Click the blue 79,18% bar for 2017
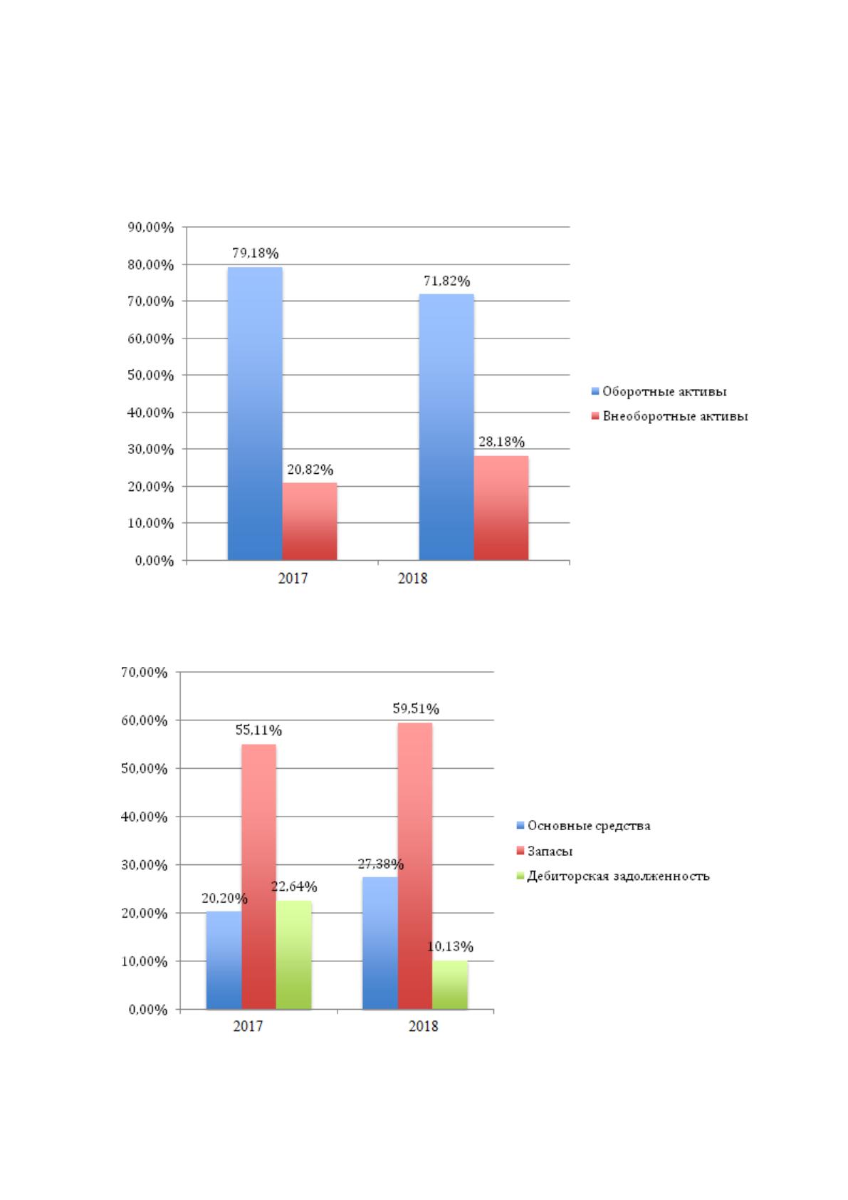pyautogui.click(x=255, y=413)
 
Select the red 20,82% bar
pyautogui.click(x=310, y=521)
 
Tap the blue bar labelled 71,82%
pyautogui.click(x=446, y=427)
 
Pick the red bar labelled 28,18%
pyautogui.click(x=501, y=508)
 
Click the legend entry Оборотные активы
pyautogui.click(x=659, y=392)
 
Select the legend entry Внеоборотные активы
pyautogui.click(x=670, y=416)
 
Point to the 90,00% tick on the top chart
pyautogui.click(x=150, y=228)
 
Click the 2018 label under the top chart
pyautogui.click(x=413, y=579)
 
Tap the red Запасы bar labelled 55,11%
pyautogui.click(x=258, y=877)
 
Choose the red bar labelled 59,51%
pyautogui.click(x=415, y=867)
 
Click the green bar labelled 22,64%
pyautogui.click(x=294, y=955)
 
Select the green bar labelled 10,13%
pyautogui.click(x=450, y=986)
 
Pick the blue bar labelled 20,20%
pyautogui.click(x=224, y=961)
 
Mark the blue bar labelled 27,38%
pyautogui.click(x=380, y=943)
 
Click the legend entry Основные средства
pyautogui.click(x=584, y=826)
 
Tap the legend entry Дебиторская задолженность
pyautogui.click(x=613, y=876)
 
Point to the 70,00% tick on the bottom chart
pyautogui.click(x=145, y=672)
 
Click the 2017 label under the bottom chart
pyautogui.click(x=248, y=1026)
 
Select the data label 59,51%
pyautogui.click(x=416, y=709)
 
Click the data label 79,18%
pyautogui.click(x=256, y=253)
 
